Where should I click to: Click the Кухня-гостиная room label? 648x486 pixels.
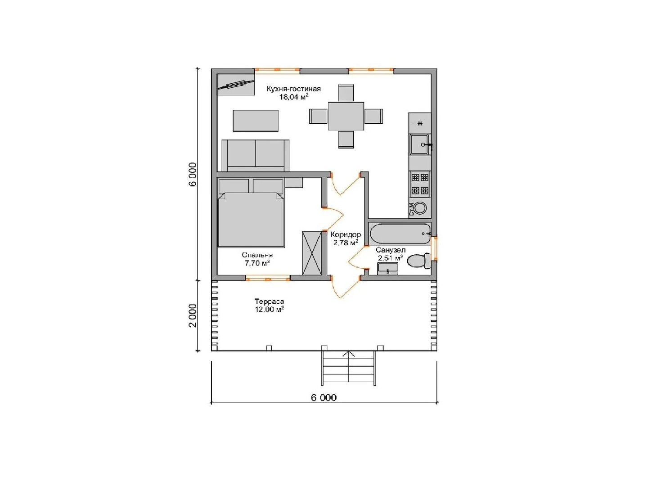coord(293,89)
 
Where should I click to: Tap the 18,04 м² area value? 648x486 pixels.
coord(294,97)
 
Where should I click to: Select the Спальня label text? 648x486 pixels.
coord(257,255)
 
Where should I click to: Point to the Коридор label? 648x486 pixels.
coord(346,235)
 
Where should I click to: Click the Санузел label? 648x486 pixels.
coord(391,250)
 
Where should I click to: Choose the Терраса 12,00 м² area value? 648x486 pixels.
coord(269,310)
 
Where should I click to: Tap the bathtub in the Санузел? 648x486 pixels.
coord(400,234)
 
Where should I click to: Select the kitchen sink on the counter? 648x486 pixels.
coord(420,144)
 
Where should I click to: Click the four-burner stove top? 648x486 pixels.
coord(420,184)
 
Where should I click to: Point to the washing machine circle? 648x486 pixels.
coord(420,208)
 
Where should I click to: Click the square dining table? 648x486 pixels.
coord(346,116)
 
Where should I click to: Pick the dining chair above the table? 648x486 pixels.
coord(346,93)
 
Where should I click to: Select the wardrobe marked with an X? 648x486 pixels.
coord(312,253)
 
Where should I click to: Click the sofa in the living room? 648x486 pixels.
coord(256,156)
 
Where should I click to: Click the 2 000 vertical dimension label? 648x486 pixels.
coord(193,315)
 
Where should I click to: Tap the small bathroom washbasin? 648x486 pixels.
coord(387,269)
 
